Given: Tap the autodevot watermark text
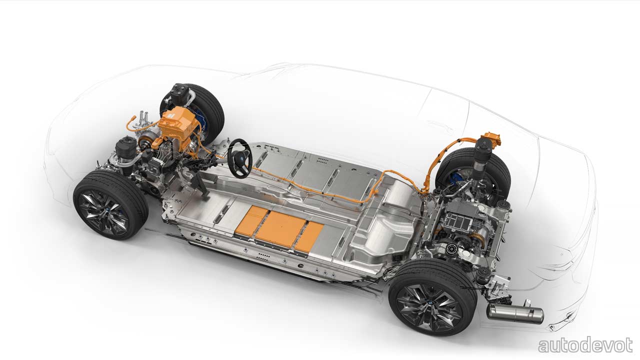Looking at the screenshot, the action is click(585, 345).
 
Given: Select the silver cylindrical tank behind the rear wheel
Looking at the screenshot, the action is click(515, 313).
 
